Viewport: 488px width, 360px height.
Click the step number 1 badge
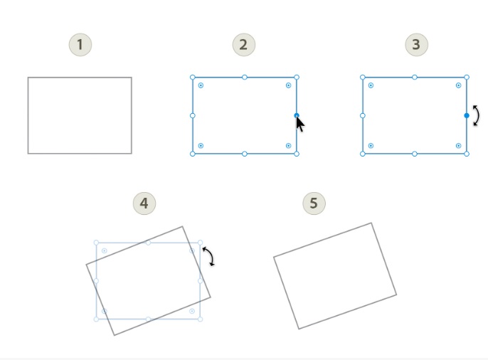pyautogui.click(x=80, y=45)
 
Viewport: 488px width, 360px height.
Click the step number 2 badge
pyautogui.click(x=243, y=45)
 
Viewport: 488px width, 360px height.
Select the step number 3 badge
pyautogui.click(x=416, y=45)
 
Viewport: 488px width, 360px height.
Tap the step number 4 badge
pyautogui.click(x=144, y=203)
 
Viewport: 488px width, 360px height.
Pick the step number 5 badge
pyautogui.click(x=314, y=203)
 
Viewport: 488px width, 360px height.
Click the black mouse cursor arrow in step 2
pyautogui.click(x=300, y=124)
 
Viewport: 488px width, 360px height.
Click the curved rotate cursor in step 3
pyautogui.click(x=476, y=115)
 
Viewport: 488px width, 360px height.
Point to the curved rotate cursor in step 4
pyautogui.click(x=208, y=257)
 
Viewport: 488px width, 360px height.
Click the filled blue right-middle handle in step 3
pyautogui.click(x=467, y=115)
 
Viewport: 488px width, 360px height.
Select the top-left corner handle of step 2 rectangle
pyautogui.click(x=193, y=77)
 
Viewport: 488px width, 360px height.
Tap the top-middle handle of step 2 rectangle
pyautogui.click(x=245, y=77)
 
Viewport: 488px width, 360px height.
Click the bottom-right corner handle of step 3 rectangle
pyautogui.click(x=467, y=154)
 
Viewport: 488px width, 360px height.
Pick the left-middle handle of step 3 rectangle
pyautogui.click(x=363, y=115)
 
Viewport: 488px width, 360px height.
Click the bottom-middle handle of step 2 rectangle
pyautogui.click(x=245, y=154)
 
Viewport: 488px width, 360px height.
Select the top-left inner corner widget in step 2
pyautogui.click(x=201, y=85)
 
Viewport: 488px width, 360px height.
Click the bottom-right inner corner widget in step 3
pyautogui.click(x=458, y=146)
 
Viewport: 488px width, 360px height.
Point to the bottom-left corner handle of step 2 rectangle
pyautogui.click(x=193, y=154)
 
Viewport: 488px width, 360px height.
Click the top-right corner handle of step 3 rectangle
pyautogui.click(x=467, y=77)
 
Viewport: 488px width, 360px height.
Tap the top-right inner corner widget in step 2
pyautogui.click(x=288, y=85)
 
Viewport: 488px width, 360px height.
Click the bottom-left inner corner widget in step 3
pyautogui.click(x=371, y=146)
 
